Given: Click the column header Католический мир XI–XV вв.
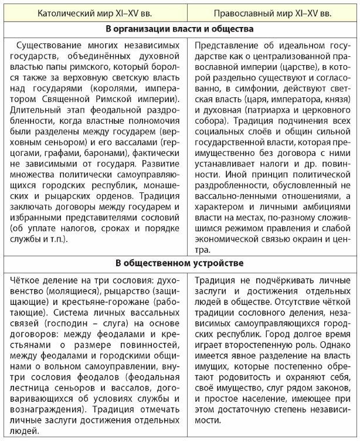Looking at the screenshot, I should (97, 12).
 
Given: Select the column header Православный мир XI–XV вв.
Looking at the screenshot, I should (273, 12).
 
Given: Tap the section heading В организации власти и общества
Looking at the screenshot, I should (180, 29).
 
